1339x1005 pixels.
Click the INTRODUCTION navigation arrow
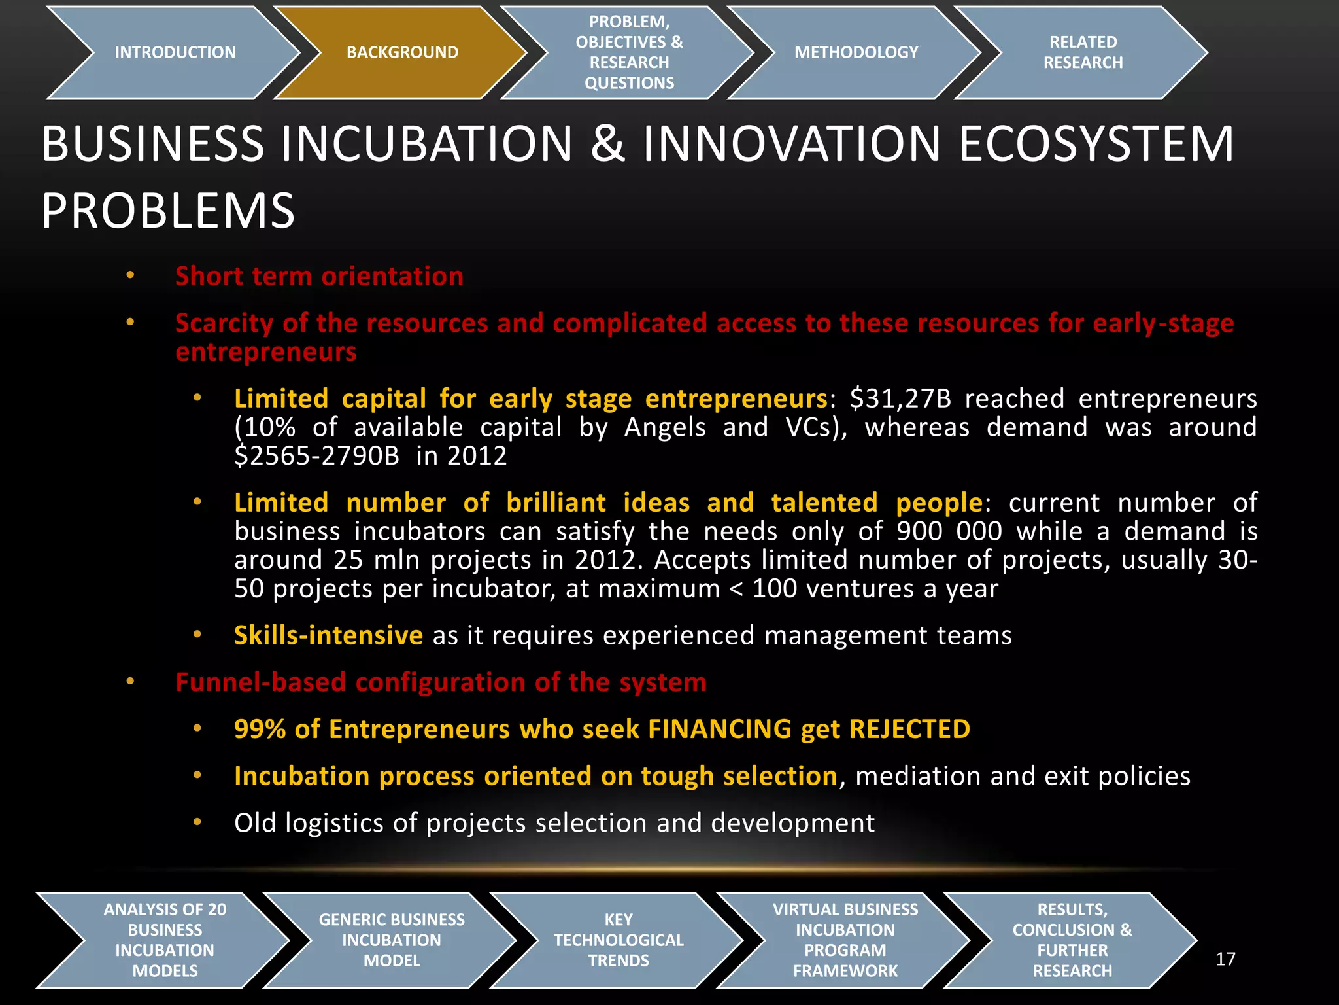coord(175,52)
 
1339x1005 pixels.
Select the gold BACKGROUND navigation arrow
coord(402,52)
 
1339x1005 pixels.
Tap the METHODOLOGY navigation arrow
coord(856,52)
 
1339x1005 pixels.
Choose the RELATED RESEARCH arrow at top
coord(1083,52)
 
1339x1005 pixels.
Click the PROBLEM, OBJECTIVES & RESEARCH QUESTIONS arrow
coord(629,52)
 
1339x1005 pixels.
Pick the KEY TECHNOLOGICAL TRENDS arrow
coord(619,940)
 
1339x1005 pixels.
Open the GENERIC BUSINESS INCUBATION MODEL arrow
coord(392,940)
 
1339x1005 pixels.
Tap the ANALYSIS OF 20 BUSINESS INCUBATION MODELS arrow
coord(165,940)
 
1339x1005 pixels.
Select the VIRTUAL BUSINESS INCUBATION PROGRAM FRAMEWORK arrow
coord(845,940)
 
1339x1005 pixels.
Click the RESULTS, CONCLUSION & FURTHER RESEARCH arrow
coord(1072,940)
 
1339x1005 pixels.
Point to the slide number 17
coord(1225,959)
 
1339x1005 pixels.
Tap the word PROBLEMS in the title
coord(168,211)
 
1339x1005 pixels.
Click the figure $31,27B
coord(900,398)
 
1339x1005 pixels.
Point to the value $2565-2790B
coord(316,455)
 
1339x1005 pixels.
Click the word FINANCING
coord(720,729)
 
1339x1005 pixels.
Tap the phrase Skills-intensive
coord(328,635)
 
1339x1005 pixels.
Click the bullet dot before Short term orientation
coord(130,275)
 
